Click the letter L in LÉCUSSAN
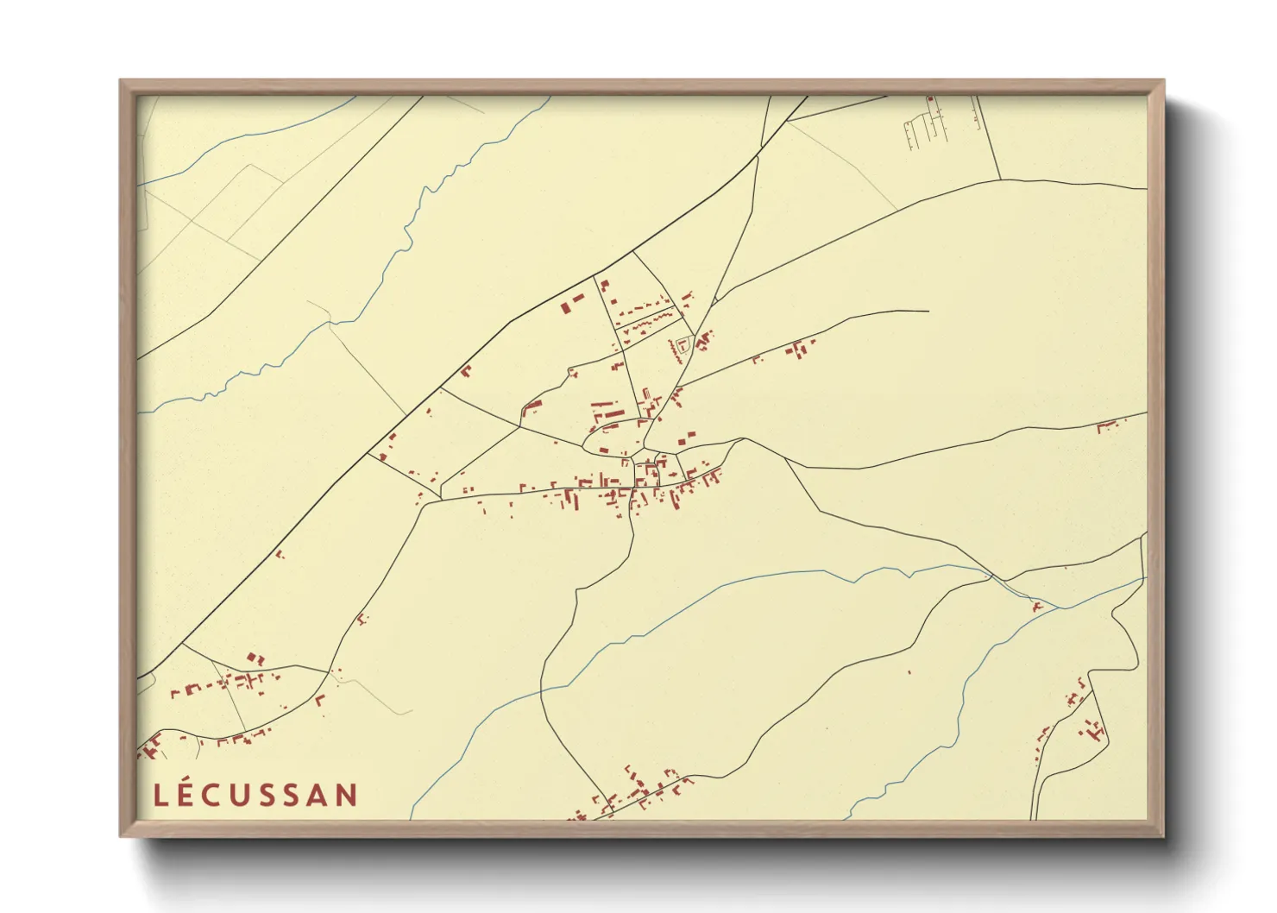pyautogui.click(x=160, y=795)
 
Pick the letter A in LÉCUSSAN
pyautogui.click(x=318, y=795)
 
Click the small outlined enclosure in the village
pyautogui.click(x=684, y=344)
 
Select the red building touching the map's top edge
pyautogui.click(x=930, y=100)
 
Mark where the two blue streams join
pyautogui.click(x=1060, y=608)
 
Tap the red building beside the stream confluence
pyautogui.click(x=1038, y=607)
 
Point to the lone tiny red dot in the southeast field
pyautogui.click(x=909, y=671)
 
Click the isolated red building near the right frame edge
pyautogui.click(x=1107, y=425)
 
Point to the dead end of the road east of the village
pyautogui.click(x=928, y=311)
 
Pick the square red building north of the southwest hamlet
pyautogui.click(x=255, y=658)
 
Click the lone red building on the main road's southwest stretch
pyautogui.click(x=279, y=553)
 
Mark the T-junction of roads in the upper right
pyautogui.click(x=1000, y=179)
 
